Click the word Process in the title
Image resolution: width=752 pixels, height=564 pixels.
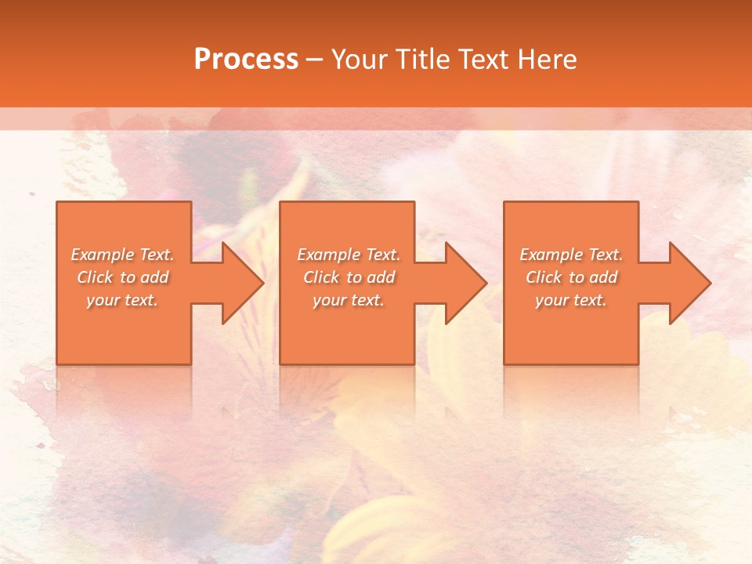pyautogui.click(x=246, y=60)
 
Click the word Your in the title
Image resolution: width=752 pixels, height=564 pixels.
pyautogui.click(x=359, y=60)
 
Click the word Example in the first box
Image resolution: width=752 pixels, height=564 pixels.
pyautogui.click(x=103, y=255)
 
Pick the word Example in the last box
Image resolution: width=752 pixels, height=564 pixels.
pyautogui.click(x=551, y=255)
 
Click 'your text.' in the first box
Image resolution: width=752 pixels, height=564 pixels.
pyautogui.click(x=123, y=300)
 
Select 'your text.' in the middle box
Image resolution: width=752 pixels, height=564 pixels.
pyautogui.click(x=349, y=300)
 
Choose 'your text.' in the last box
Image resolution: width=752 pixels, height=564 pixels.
pyautogui.click(x=571, y=300)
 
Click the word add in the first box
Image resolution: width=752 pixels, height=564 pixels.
pyautogui.click(x=155, y=277)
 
